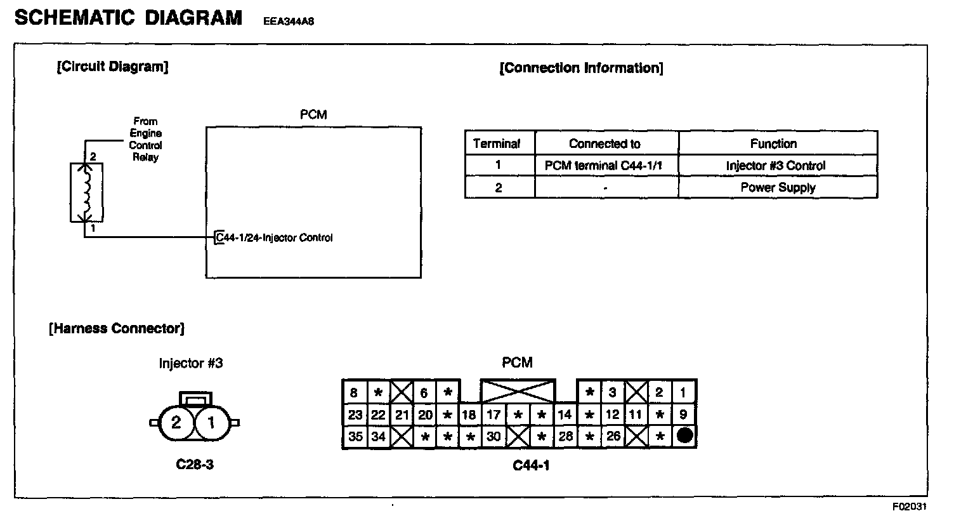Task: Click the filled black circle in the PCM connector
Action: pyautogui.click(x=683, y=436)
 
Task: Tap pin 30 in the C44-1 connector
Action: pyautogui.click(x=493, y=437)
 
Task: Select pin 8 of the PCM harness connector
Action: pyautogui.click(x=354, y=393)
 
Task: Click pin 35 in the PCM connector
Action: pyautogui.click(x=355, y=437)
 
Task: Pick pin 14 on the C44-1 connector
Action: pyautogui.click(x=564, y=415)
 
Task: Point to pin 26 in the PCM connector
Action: pyautogui.click(x=613, y=437)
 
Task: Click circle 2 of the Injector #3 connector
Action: pyautogui.click(x=176, y=422)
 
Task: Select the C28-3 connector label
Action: pyautogui.click(x=195, y=465)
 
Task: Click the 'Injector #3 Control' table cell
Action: pyautogui.click(x=776, y=166)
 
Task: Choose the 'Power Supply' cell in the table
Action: pyautogui.click(x=778, y=187)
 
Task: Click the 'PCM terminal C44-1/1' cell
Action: pyautogui.click(x=604, y=166)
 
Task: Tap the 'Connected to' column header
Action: pyautogui.click(x=604, y=143)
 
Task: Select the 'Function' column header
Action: pyautogui.click(x=773, y=143)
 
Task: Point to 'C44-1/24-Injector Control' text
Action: pyautogui.click(x=274, y=238)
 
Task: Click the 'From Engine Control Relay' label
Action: pyautogui.click(x=145, y=139)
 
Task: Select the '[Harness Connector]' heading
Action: pyautogui.click(x=117, y=328)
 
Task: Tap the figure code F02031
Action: pyautogui.click(x=910, y=507)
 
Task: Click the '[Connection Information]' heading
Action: pyautogui.click(x=581, y=68)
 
